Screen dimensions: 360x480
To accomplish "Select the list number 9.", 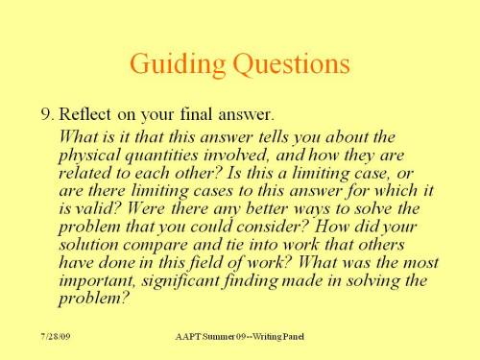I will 47,115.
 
